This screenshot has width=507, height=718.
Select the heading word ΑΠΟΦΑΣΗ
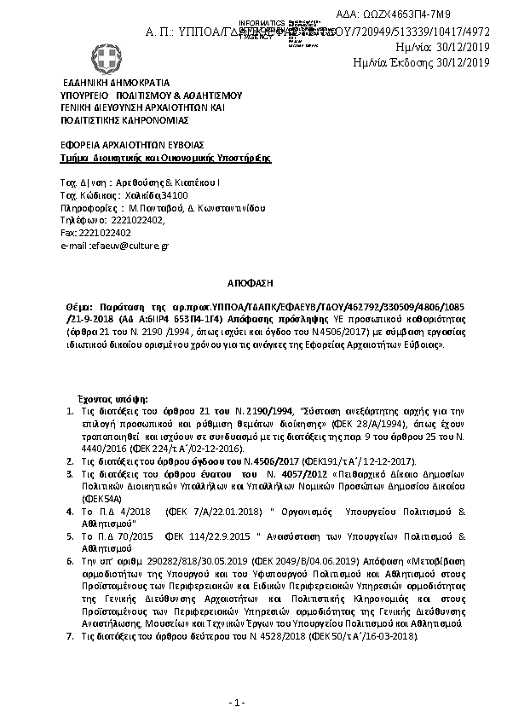pos(254,280)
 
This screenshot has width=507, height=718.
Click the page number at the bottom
pos(238,702)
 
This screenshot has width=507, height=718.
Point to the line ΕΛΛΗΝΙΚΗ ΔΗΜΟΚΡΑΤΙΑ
pos(115,84)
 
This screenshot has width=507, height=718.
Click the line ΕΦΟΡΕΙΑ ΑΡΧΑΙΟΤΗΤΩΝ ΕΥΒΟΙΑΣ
pos(131,145)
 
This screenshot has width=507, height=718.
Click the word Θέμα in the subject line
pos(78,304)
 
